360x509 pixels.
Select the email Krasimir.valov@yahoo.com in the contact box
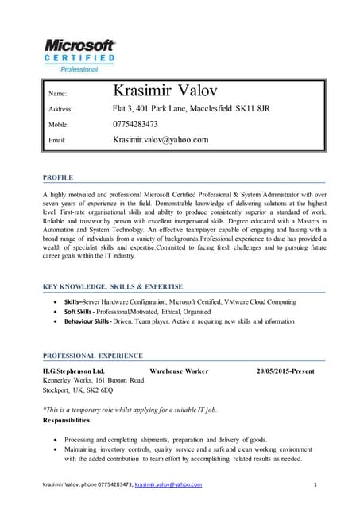pos(161,140)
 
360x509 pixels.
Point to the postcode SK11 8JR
pos(253,108)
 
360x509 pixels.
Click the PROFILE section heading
pos(57,176)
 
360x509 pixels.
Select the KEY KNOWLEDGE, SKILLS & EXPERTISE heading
pos(112,286)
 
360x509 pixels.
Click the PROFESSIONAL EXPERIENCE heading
pos(92,356)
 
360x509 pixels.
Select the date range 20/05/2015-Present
pos(285,371)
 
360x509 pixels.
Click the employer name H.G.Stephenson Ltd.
pos(73,371)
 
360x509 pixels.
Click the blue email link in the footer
pos(168,484)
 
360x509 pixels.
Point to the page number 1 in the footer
pos(315,484)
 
